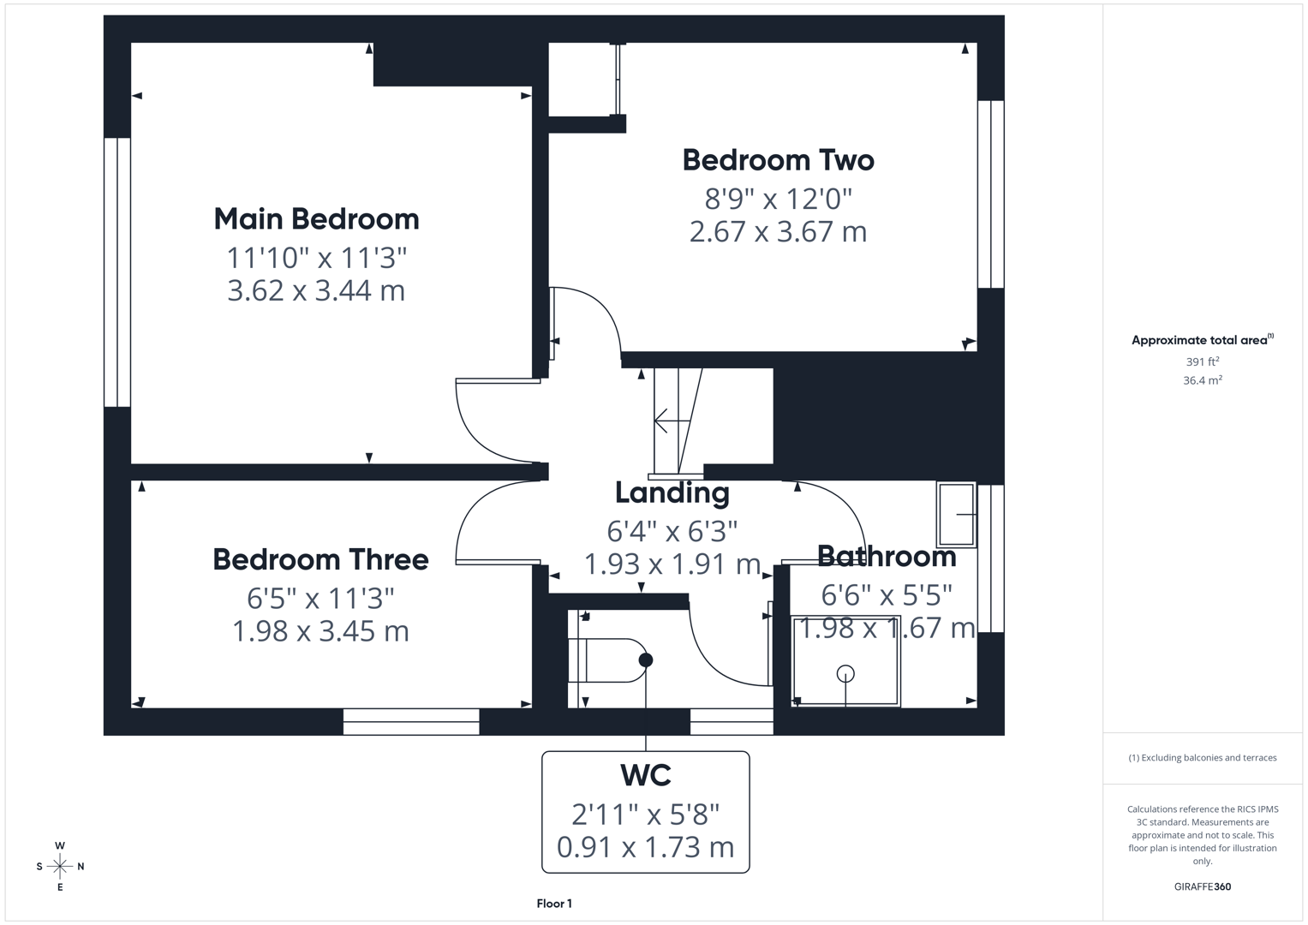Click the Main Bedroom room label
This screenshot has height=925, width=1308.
[x=316, y=219]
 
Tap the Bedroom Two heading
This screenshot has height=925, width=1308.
[x=779, y=161]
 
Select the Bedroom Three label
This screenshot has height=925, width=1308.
[x=320, y=559]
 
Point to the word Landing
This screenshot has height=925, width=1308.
[x=672, y=494]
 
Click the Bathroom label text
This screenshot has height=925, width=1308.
[x=887, y=557]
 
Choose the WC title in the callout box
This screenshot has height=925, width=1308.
[x=646, y=775]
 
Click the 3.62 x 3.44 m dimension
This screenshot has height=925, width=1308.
[x=316, y=291]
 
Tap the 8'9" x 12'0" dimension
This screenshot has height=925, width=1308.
[x=779, y=199]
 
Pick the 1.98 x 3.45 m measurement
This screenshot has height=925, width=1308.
[x=320, y=631]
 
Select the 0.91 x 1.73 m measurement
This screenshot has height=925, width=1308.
[x=645, y=847]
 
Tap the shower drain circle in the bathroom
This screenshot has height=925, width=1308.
[x=845, y=675]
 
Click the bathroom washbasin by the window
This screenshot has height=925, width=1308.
[x=957, y=515]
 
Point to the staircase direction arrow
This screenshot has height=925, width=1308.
[x=672, y=421]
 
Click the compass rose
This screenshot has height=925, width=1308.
[x=60, y=867]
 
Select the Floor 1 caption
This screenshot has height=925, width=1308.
[x=554, y=904]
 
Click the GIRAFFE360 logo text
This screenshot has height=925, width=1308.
[x=1203, y=886]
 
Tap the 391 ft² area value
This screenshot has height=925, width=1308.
[x=1203, y=361]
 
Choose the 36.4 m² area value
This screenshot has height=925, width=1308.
[x=1203, y=380]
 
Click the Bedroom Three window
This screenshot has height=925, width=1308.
[x=411, y=722]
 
